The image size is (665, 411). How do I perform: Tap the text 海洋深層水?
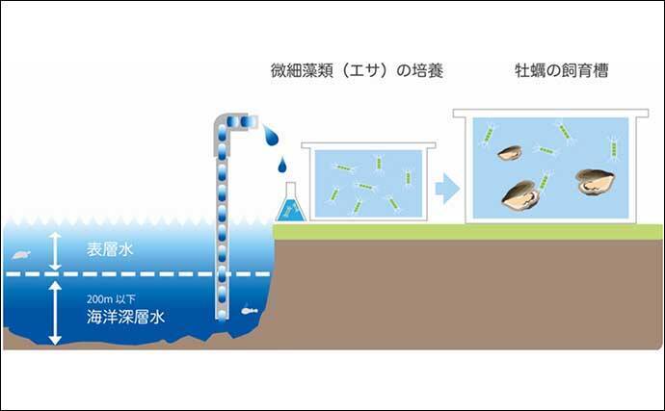(x=121, y=314)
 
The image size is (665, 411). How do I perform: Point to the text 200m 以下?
(x=106, y=297)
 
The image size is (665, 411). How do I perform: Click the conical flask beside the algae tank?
(x=289, y=205)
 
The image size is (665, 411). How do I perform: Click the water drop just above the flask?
(x=282, y=167)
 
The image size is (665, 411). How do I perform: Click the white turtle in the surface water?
(x=21, y=255)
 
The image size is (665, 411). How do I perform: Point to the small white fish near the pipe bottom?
(x=249, y=311)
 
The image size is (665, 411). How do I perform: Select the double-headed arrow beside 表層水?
(x=55, y=250)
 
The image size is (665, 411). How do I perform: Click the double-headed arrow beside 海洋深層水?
(x=55, y=311)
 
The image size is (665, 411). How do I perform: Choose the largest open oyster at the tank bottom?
(x=521, y=195)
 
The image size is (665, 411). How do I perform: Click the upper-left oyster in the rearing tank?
(x=509, y=152)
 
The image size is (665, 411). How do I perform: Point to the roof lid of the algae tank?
(x=368, y=146)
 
